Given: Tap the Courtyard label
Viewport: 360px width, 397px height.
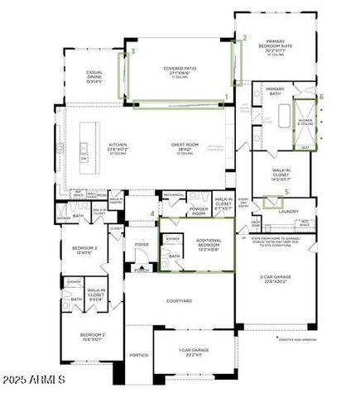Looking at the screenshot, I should tap(179, 301).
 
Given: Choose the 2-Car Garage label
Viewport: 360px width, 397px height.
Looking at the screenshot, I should tap(273, 277).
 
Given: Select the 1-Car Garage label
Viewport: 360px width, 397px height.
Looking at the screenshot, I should tap(194, 350).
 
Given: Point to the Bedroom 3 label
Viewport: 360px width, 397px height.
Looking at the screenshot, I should tap(85, 249).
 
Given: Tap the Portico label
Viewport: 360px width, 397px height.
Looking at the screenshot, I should tap(138, 355).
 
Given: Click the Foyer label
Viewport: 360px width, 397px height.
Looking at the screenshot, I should tap(142, 244).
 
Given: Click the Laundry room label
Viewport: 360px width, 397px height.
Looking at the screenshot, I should tap(288, 211).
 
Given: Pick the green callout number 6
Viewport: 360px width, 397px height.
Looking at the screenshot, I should tap(321, 97).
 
